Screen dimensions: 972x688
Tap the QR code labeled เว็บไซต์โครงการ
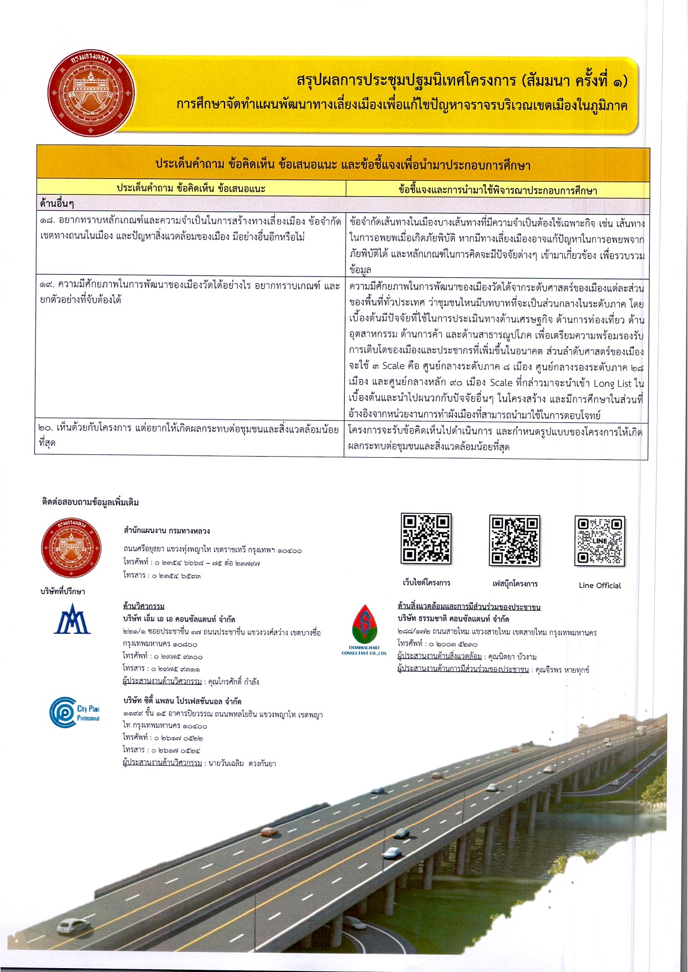click(426, 539)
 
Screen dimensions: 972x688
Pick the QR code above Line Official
click(600, 541)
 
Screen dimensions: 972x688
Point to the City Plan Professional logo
click(74, 712)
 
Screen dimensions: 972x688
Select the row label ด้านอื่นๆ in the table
click(58, 204)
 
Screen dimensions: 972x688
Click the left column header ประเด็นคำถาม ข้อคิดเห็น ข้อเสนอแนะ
click(191, 188)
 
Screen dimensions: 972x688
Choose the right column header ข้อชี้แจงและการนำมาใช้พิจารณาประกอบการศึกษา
click(497, 190)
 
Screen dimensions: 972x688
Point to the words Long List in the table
click(612, 383)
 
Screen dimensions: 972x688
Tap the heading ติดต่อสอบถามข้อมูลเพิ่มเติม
click(90, 503)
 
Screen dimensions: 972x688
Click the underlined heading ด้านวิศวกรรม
click(144, 606)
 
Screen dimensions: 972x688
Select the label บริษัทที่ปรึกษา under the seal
click(63, 591)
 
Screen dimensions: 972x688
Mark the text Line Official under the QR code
click(600, 585)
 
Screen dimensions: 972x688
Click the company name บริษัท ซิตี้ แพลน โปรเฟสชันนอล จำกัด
click(182, 701)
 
